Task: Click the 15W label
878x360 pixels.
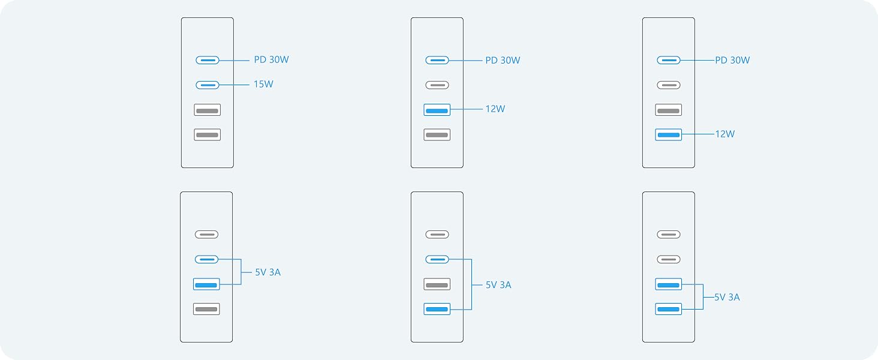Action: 263,85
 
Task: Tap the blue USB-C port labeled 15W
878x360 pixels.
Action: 208,85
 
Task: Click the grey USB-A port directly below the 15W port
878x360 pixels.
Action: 208,110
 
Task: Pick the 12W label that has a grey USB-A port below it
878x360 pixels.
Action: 495,109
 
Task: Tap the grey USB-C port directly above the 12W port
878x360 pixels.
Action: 437,85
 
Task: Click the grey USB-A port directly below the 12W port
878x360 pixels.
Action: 437,134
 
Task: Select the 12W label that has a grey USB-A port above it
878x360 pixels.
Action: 725,134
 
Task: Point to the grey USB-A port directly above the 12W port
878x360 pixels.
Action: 669,110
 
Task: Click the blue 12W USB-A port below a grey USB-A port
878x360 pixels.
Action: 669,134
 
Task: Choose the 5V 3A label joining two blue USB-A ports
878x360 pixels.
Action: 727,297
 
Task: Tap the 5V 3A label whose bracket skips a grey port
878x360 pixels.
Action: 498,285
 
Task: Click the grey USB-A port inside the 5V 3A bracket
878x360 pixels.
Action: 437,284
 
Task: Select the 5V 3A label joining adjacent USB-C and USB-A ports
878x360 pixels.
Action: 267,272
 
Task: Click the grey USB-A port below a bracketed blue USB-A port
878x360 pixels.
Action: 206,309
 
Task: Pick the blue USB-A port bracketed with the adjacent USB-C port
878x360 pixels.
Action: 206,284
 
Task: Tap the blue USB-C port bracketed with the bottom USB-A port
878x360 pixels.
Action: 437,259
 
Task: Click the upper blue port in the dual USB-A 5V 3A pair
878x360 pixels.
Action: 669,284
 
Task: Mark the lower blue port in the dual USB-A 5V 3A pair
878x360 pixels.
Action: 669,309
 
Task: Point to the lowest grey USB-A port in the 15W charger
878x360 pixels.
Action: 208,134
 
